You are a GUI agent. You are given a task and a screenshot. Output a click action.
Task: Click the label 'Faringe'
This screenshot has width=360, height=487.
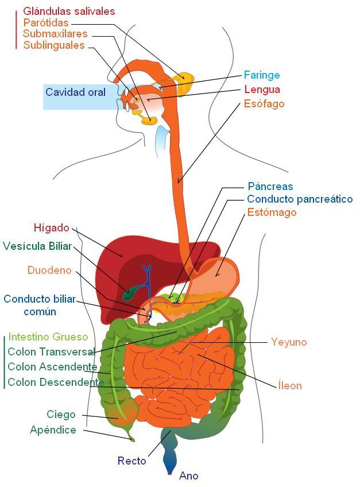click(x=261, y=75)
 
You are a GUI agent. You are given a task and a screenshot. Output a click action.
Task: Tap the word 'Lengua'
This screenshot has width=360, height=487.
click(x=262, y=90)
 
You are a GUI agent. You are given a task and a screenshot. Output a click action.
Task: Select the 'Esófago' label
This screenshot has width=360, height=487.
click(x=264, y=104)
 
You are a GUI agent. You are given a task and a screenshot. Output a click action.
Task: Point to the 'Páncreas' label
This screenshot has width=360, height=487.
click(x=270, y=187)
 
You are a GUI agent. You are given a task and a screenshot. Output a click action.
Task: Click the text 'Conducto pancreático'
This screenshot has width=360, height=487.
click(x=300, y=199)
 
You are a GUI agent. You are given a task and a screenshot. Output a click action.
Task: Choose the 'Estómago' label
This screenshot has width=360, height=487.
click(x=272, y=212)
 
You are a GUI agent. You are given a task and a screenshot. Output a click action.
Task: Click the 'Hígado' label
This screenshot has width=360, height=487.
click(x=51, y=228)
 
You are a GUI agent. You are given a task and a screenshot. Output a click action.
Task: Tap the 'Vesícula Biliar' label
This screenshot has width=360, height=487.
click(x=37, y=246)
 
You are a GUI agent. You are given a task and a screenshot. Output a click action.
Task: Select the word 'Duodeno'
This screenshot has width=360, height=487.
click(x=49, y=270)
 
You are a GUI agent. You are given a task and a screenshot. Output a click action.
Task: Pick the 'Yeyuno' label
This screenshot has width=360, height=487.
click(x=289, y=342)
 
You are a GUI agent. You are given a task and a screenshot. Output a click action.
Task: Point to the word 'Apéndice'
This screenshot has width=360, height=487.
click(x=53, y=430)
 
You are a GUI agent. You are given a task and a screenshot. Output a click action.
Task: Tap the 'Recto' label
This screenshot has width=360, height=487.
click(x=131, y=461)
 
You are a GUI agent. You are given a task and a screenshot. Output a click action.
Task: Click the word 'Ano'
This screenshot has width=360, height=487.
click(x=188, y=476)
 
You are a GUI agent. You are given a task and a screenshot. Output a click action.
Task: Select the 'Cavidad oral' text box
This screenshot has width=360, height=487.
click(x=75, y=92)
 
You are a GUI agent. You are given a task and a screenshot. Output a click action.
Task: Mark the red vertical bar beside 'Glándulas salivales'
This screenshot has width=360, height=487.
click(x=16, y=29)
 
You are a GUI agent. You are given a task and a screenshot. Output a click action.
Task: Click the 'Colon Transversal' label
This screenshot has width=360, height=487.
click(x=51, y=352)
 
